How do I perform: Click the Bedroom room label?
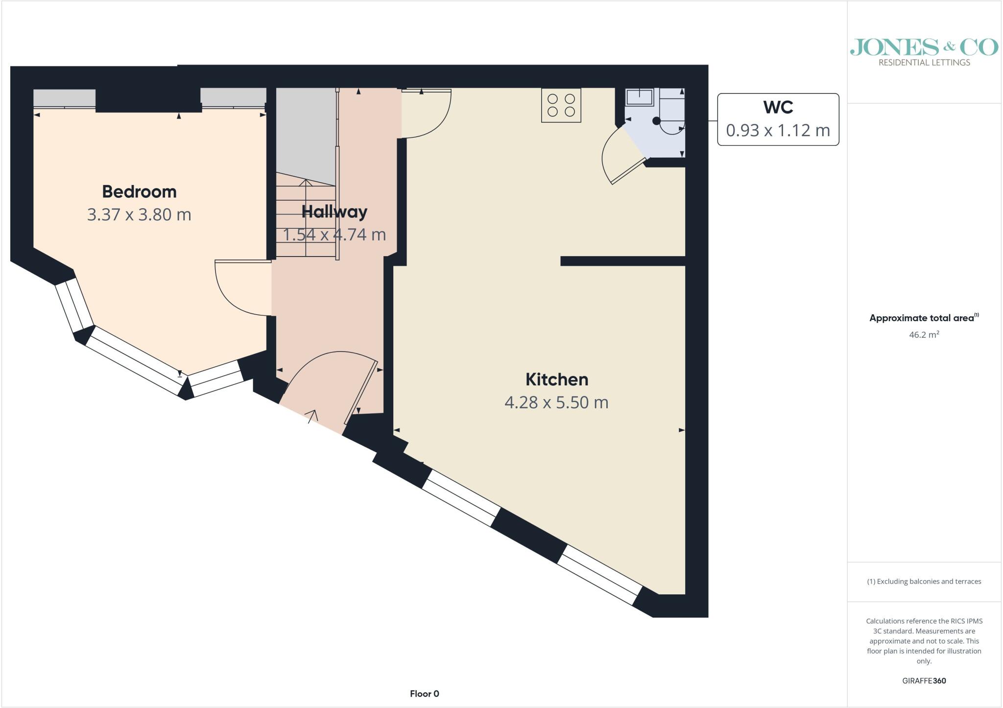point(139,192)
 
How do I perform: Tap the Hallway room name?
point(334,212)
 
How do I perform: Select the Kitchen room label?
point(557,379)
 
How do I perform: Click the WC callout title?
point(778,107)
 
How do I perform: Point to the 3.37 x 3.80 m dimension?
point(139,214)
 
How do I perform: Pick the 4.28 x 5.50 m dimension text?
point(556,402)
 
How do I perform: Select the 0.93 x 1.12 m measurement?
point(778,130)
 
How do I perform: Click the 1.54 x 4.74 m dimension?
point(334,235)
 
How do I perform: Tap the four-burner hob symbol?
point(561,105)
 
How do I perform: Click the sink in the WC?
point(640,97)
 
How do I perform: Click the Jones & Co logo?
point(924,47)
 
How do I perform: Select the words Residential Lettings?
point(924,63)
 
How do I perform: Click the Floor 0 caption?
point(425,694)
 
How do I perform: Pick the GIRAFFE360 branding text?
point(924,681)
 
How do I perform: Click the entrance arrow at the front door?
point(311,416)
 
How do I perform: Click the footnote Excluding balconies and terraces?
point(924,582)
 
